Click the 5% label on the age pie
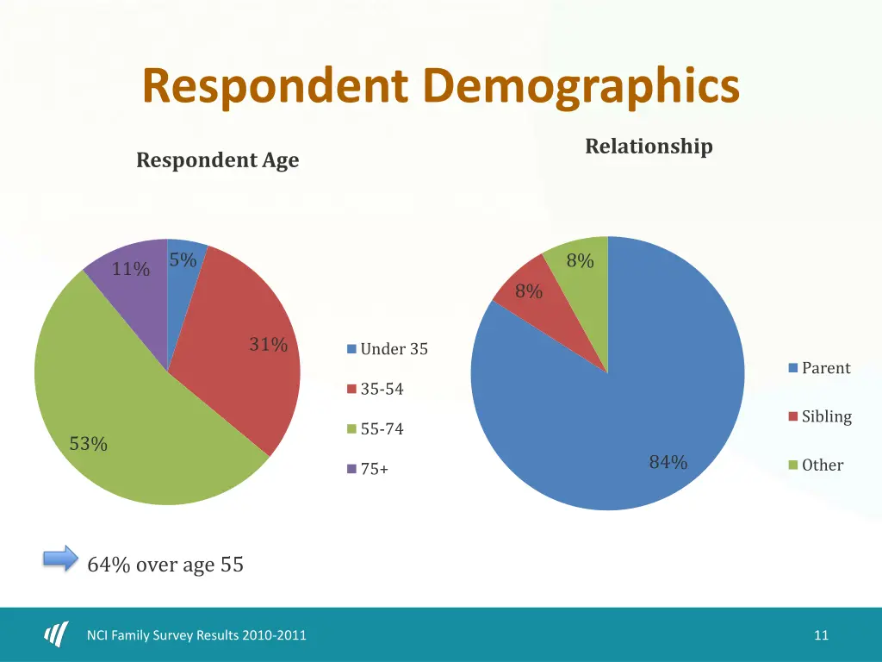183,259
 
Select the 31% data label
268,345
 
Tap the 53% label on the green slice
89,444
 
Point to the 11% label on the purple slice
131,269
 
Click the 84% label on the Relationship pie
668,462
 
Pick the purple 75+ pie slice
129,293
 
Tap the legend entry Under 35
387,349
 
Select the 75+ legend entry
368,470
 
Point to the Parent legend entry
819,368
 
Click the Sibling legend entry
819,416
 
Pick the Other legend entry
816,465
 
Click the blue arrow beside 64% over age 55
60,559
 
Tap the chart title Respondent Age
218,160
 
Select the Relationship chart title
649,147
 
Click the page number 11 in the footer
821,635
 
